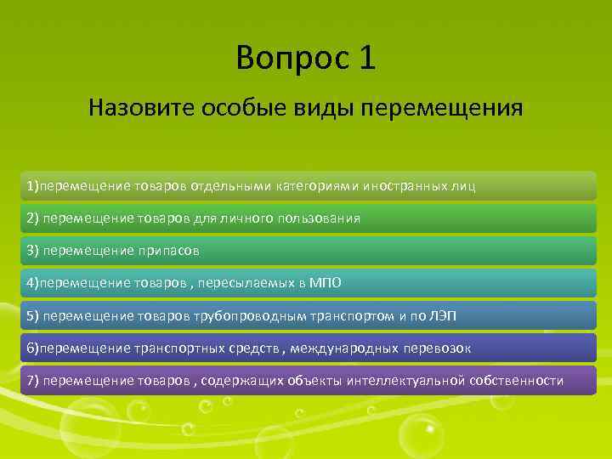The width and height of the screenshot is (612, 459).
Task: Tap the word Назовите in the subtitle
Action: point(141,108)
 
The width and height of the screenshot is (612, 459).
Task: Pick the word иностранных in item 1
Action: point(404,185)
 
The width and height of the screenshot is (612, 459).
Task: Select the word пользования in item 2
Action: point(318,218)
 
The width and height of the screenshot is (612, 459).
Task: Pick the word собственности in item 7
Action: point(524,380)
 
